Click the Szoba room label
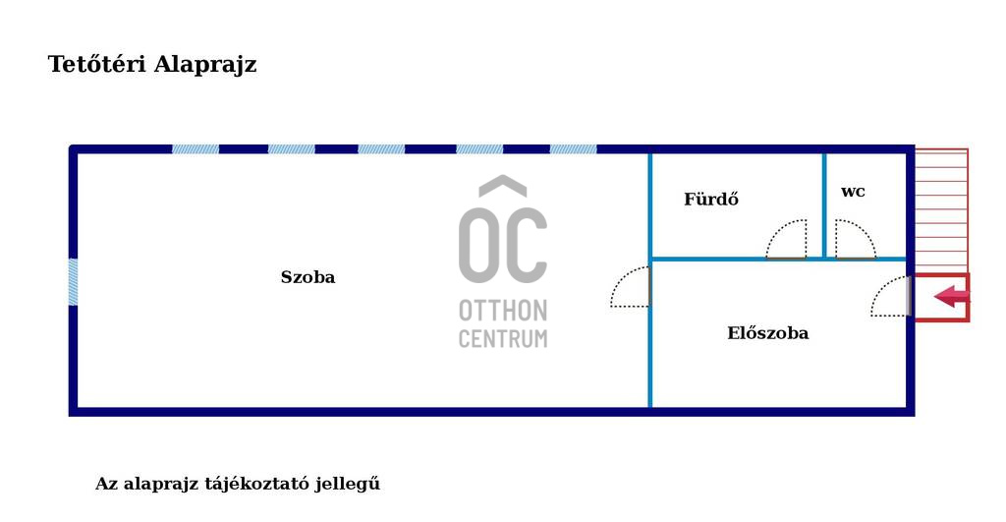[x=307, y=277]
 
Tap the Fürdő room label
[x=711, y=200]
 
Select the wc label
[x=853, y=192]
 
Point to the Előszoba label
[x=767, y=333]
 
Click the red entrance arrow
[x=950, y=296]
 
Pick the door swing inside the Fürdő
[x=789, y=241]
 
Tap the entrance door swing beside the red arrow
[x=891, y=298]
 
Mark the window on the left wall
[x=73, y=282]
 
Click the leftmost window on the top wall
[x=196, y=149]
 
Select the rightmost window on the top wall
[x=573, y=149]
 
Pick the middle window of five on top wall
[x=381, y=149]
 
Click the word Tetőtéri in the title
[x=97, y=65]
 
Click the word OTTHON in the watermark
[x=502, y=312]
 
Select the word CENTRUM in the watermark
[x=502, y=339]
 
